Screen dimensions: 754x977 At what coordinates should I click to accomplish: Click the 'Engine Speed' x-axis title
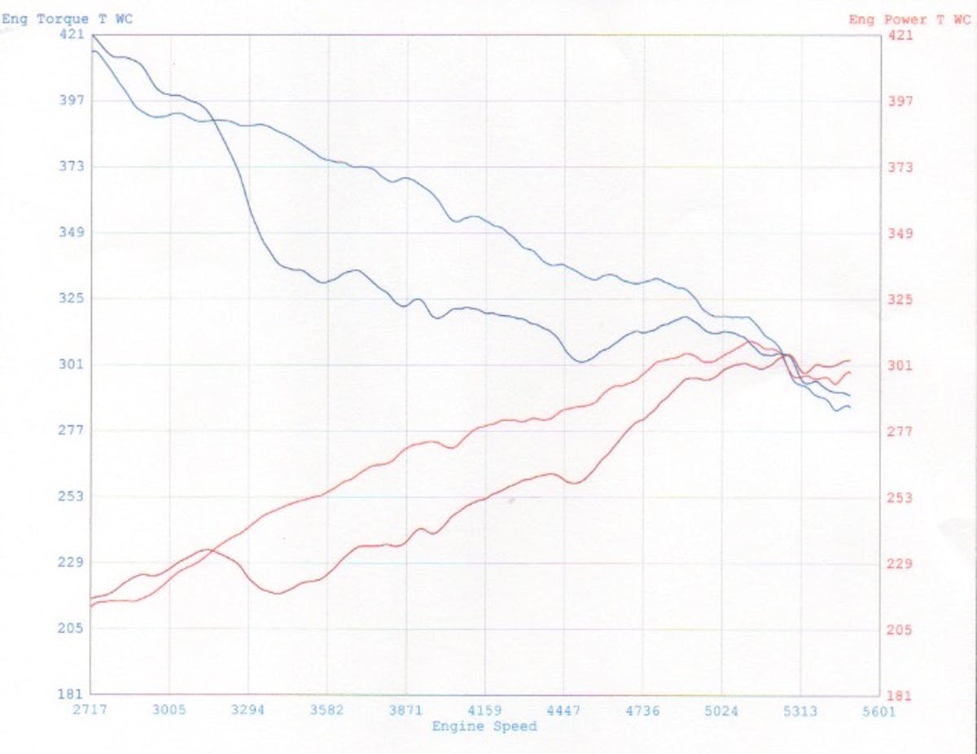484,726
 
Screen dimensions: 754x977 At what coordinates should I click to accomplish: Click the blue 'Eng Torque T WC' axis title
67,20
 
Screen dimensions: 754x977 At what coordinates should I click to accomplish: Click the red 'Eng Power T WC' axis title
909,20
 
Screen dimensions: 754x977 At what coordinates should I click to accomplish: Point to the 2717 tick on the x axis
90,710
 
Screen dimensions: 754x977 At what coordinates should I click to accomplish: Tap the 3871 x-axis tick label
405,710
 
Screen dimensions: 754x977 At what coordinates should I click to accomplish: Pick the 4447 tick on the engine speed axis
563,710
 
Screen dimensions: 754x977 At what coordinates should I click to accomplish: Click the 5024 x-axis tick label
721,710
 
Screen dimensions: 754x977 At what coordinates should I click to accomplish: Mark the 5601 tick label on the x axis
878,711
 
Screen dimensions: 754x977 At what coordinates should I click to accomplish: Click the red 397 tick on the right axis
900,101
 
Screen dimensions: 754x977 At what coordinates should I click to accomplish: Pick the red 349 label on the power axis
900,234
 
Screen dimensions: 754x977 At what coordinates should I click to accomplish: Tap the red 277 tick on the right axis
900,432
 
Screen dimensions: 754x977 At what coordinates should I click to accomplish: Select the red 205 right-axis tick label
900,629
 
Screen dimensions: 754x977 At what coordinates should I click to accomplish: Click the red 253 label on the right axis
900,498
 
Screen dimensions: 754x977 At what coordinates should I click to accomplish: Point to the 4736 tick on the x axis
642,710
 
